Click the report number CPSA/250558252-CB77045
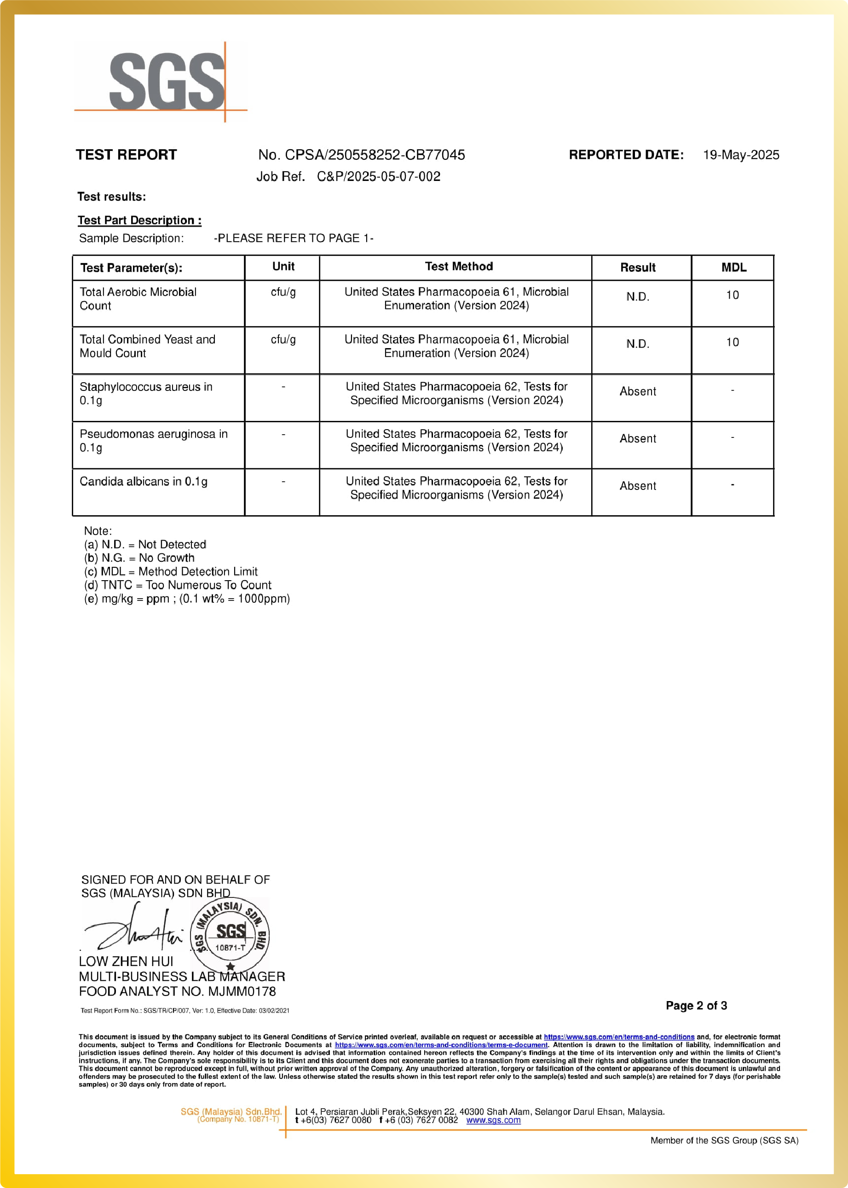[375, 155]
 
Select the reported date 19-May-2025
[740, 155]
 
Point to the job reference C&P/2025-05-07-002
[378, 176]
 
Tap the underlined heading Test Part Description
[139, 221]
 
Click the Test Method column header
[458, 267]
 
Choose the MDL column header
[733, 268]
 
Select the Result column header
[638, 268]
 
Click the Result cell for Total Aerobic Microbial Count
[638, 297]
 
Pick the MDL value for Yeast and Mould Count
[732, 342]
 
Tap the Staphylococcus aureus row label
[146, 393]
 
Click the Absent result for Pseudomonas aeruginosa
[638, 438]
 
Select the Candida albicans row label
[143, 481]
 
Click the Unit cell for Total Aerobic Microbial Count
[283, 292]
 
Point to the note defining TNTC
[178, 585]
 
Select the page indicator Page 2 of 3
[696, 1005]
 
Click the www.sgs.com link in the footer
[493, 1120]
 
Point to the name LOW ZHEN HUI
[126, 961]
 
